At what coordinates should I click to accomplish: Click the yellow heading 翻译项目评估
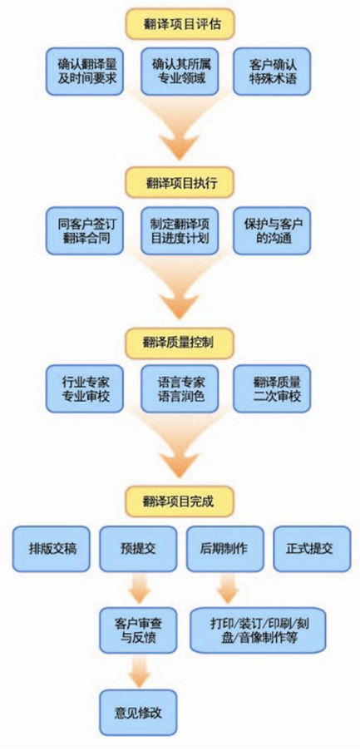180,24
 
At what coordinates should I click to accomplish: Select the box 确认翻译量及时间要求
85,71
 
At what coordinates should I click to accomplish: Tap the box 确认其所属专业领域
180,71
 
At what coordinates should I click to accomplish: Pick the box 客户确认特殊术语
272,71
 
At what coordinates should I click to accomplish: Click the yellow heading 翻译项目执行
180,182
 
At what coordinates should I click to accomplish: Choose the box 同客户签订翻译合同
85,230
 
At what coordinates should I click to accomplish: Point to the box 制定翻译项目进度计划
180,230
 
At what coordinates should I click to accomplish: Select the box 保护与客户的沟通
272,230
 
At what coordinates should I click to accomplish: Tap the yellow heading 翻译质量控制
180,343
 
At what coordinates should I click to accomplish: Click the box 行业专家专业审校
85,388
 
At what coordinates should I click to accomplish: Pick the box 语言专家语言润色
180,388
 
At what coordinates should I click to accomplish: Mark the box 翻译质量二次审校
272,388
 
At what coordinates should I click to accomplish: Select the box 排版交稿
52,549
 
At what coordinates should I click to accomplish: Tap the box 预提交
138,549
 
